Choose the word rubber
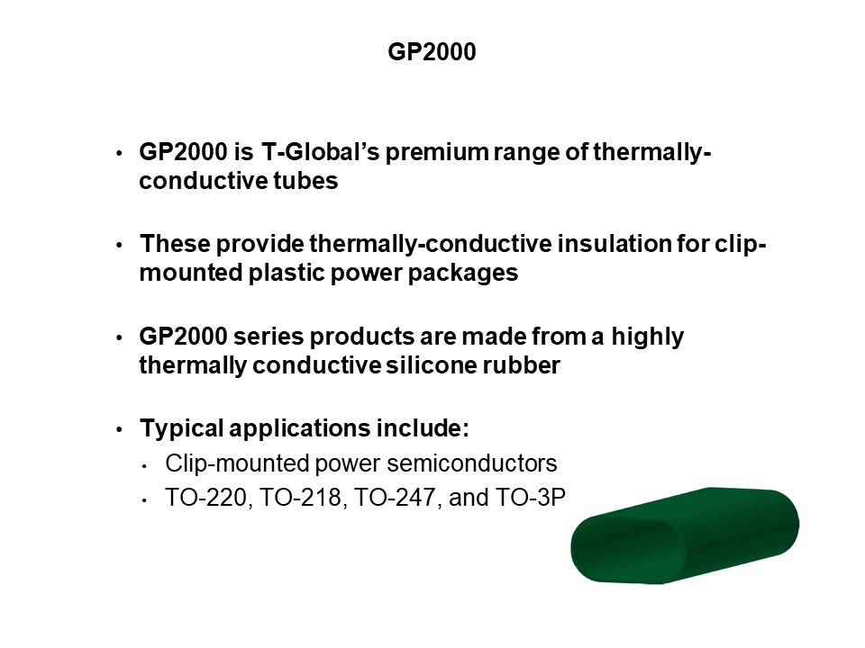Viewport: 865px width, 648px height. [x=522, y=365]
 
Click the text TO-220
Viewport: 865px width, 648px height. [x=206, y=499]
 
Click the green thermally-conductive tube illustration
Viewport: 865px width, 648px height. [x=684, y=535]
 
